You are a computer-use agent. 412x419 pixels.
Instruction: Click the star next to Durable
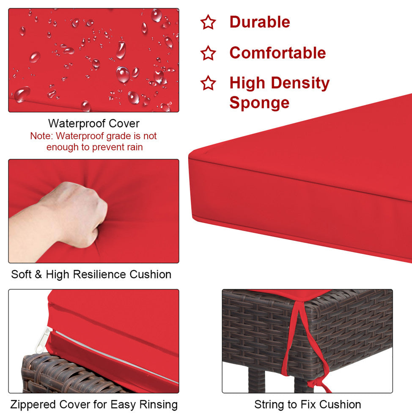tap(208, 22)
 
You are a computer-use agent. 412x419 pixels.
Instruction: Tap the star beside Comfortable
tap(208, 53)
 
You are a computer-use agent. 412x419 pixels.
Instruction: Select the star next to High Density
tap(208, 83)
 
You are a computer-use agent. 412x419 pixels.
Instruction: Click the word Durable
tap(260, 22)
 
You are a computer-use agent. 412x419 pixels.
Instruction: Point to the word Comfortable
tap(277, 52)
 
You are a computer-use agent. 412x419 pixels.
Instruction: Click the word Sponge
tap(259, 103)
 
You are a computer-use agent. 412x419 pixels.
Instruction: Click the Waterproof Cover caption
tap(94, 124)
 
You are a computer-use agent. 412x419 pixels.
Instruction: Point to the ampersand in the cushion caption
tap(38, 274)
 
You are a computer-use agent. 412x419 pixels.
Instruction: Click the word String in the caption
tap(269, 405)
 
